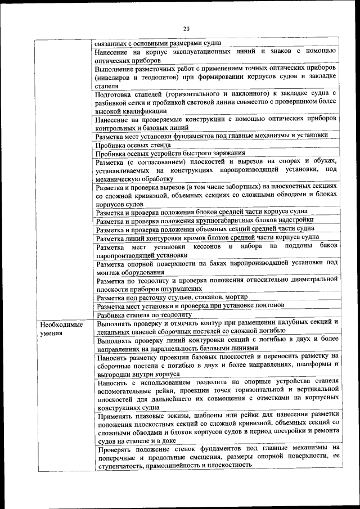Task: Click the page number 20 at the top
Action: (x=186, y=29)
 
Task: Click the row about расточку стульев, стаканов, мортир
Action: (x=172, y=296)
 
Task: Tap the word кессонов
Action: (x=210, y=247)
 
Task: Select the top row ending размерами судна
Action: (x=157, y=42)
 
